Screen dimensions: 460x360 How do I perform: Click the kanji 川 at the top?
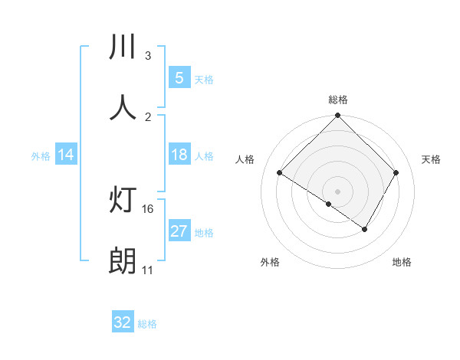coord(123,47)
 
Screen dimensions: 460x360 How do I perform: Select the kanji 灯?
coord(123,200)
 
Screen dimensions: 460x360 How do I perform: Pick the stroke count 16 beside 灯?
coord(149,208)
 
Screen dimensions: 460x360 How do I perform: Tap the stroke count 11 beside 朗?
coord(147,270)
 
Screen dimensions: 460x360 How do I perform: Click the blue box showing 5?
coord(179,78)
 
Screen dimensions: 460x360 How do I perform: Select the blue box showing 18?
coord(179,155)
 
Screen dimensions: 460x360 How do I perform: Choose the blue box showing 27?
coord(179,231)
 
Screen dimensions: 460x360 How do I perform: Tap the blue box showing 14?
coord(66,155)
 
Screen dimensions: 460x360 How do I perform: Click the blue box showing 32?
coord(123,322)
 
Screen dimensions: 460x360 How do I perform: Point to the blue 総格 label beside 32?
coord(148,324)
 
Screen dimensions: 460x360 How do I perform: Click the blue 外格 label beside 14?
coord(41,156)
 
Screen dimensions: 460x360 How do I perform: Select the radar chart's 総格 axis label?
coord(338,100)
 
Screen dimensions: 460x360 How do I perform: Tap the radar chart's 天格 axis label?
coord(432,159)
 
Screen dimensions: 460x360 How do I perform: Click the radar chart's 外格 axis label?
coord(270,262)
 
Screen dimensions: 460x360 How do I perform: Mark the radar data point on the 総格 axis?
coord(337,116)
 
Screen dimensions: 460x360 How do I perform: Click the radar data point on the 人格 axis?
coord(280,173)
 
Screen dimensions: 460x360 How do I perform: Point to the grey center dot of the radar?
coord(337,191)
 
